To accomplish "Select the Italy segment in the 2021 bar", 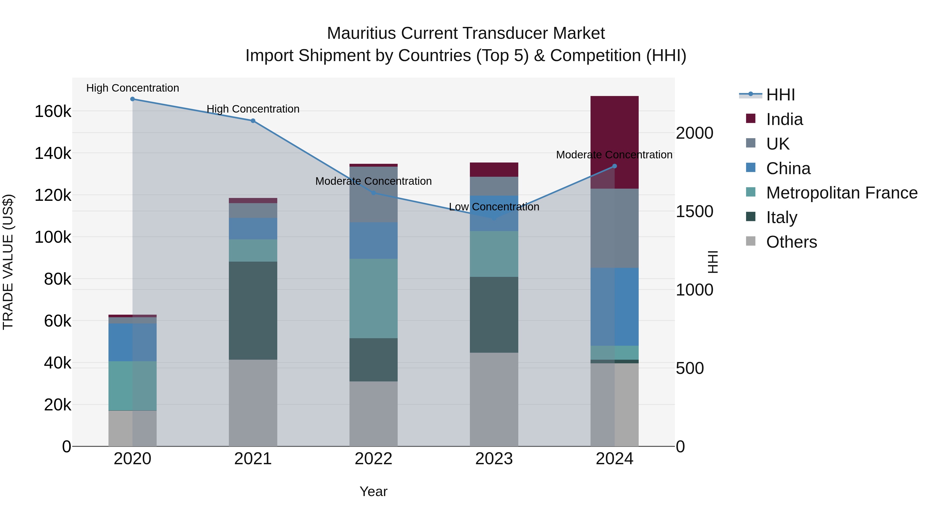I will (x=253, y=310).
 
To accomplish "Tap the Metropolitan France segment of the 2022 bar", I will (x=373, y=298).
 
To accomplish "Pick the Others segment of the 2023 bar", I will (x=494, y=399).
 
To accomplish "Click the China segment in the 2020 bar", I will (x=132, y=342).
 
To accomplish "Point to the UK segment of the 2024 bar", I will (x=614, y=228).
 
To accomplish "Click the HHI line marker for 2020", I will (x=132, y=99).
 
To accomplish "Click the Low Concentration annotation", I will (x=494, y=207).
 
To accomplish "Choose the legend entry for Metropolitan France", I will (x=842, y=193).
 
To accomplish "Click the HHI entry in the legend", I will (x=780, y=95).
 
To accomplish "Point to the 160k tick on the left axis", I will (x=53, y=111).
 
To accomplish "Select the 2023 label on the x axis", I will (x=494, y=459).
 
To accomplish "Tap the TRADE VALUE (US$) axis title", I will (x=8, y=262).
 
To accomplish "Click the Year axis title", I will (x=373, y=491).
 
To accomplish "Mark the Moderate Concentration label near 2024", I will (x=614, y=155).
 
